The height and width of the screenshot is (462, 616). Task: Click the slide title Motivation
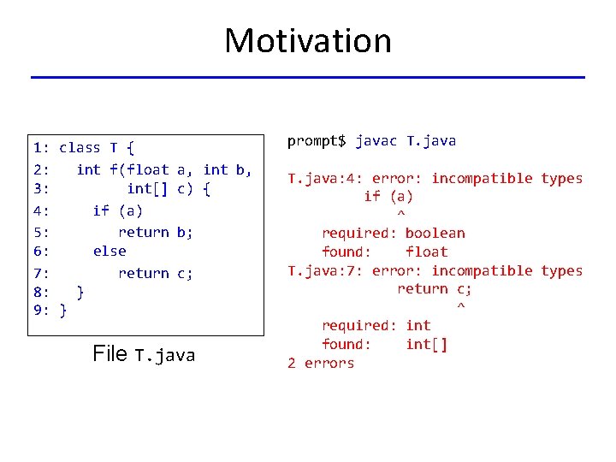(307, 40)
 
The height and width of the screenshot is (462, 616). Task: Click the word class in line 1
(80, 148)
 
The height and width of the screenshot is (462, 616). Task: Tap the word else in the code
(110, 252)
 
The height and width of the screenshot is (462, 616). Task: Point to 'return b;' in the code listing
(155, 231)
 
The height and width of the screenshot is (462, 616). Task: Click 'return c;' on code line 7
(155, 274)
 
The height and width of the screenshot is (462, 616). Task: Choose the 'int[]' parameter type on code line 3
(148, 189)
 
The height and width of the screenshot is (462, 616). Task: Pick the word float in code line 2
(148, 169)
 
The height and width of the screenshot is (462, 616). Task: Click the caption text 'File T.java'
(144, 354)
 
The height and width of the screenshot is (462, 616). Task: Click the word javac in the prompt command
(376, 140)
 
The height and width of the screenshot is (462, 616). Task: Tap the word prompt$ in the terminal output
(317, 140)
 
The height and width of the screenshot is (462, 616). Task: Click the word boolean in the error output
(435, 234)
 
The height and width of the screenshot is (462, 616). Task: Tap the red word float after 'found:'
(426, 252)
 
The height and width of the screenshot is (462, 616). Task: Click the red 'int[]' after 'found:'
(426, 344)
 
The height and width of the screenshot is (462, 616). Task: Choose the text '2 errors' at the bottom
(321, 363)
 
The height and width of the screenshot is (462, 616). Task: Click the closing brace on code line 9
(63, 311)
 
